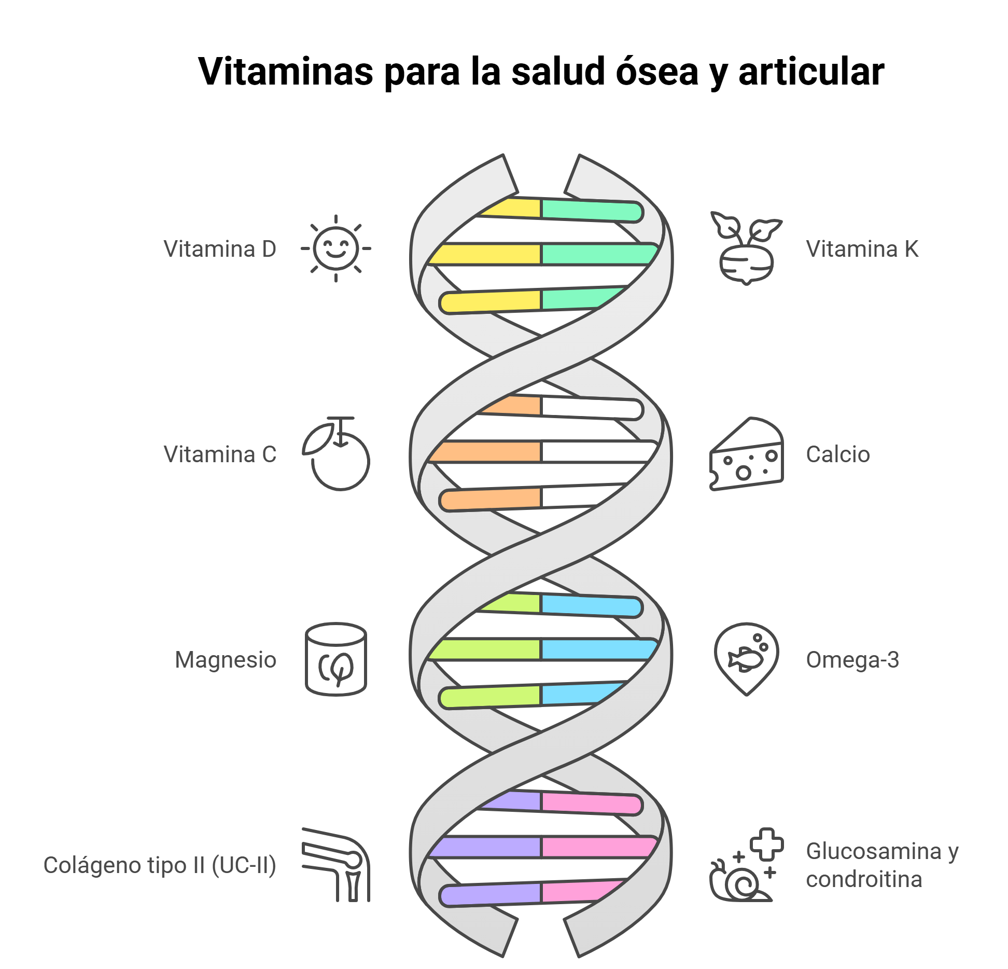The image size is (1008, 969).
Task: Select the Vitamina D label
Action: pyautogui.click(x=220, y=249)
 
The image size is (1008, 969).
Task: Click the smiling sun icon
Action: pyautogui.click(x=336, y=248)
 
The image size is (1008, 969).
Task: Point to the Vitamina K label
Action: pyautogui.click(x=862, y=249)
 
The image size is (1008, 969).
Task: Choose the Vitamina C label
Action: pyautogui.click(x=220, y=454)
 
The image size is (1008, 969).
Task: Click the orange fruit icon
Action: pyautogui.click(x=337, y=454)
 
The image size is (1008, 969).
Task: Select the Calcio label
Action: pyautogui.click(x=838, y=454)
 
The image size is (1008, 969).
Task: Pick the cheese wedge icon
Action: pyautogui.click(x=746, y=454)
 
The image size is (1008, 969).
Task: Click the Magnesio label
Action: pyautogui.click(x=226, y=660)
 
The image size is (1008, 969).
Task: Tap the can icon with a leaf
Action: pyautogui.click(x=336, y=659)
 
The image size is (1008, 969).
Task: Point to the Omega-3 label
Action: pyautogui.click(x=852, y=660)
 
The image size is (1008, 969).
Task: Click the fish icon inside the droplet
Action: pyautogui.click(x=746, y=659)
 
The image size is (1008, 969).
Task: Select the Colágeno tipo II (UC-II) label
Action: pyautogui.click(x=160, y=865)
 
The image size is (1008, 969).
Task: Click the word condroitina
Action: pyautogui.click(x=864, y=880)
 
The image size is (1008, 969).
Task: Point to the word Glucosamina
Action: pyautogui.click(x=874, y=851)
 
